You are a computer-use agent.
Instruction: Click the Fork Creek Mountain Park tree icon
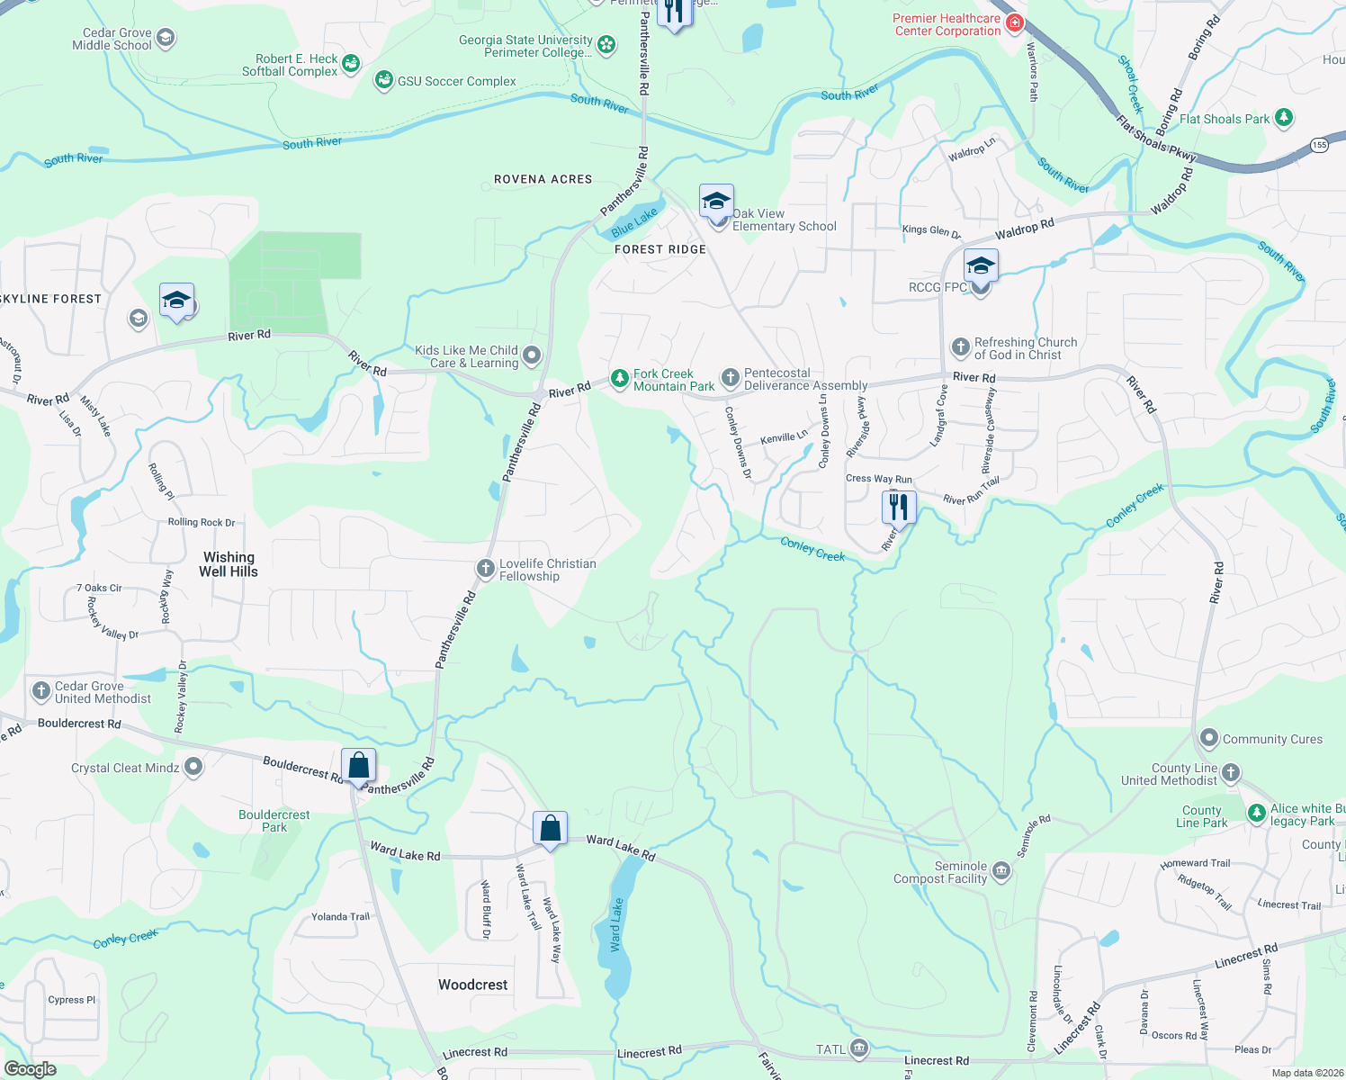(619, 379)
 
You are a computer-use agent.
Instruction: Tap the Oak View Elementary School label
(784, 220)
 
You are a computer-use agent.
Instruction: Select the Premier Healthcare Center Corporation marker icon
(1015, 22)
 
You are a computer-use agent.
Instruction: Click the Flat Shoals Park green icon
(1284, 117)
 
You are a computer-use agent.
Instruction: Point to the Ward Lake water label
(616, 925)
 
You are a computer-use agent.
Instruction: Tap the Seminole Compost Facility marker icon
(1001, 871)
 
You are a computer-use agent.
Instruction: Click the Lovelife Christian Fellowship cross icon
(486, 568)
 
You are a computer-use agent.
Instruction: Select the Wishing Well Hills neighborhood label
(229, 564)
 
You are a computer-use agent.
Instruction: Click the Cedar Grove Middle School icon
(165, 38)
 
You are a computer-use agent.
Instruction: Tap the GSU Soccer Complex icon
(384, 80)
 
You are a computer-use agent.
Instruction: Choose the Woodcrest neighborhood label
(473, 985)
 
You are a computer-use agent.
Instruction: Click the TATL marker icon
(858, 1048)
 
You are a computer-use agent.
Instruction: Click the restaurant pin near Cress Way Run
(898, 508)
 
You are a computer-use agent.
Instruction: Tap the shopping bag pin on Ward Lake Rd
(550, 827)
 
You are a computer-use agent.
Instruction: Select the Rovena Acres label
(543, 179)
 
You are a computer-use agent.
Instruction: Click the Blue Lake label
(634, 220)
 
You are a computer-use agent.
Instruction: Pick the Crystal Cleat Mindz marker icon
(193, 768)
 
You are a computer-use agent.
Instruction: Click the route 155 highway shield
(1319, 144)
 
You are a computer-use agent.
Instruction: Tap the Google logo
(31, 1069)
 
